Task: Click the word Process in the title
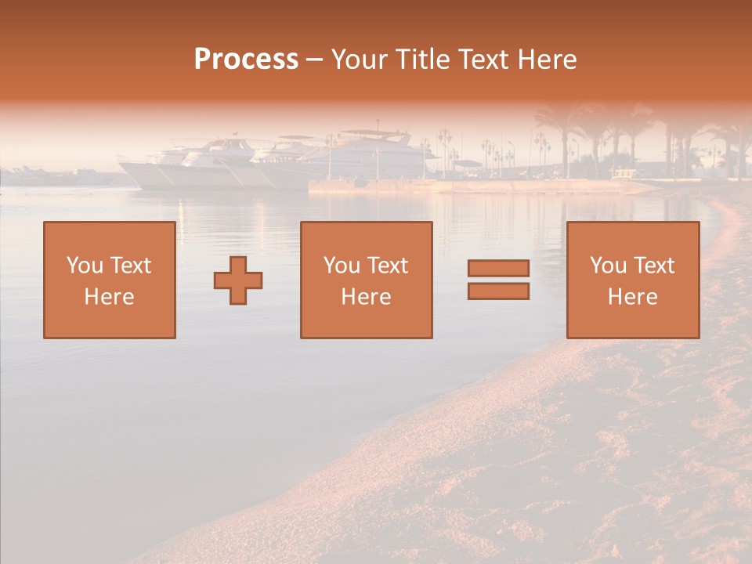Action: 246,60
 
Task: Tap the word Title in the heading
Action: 421,60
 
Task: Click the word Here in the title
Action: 548,60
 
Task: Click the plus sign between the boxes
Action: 238,280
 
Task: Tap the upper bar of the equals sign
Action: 498,269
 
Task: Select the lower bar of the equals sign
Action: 498,291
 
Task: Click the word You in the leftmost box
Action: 84,266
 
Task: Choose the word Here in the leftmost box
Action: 109,297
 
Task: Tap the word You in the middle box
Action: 341,266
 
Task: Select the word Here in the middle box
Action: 366,297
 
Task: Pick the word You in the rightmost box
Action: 607,266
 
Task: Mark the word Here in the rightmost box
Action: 632,297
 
